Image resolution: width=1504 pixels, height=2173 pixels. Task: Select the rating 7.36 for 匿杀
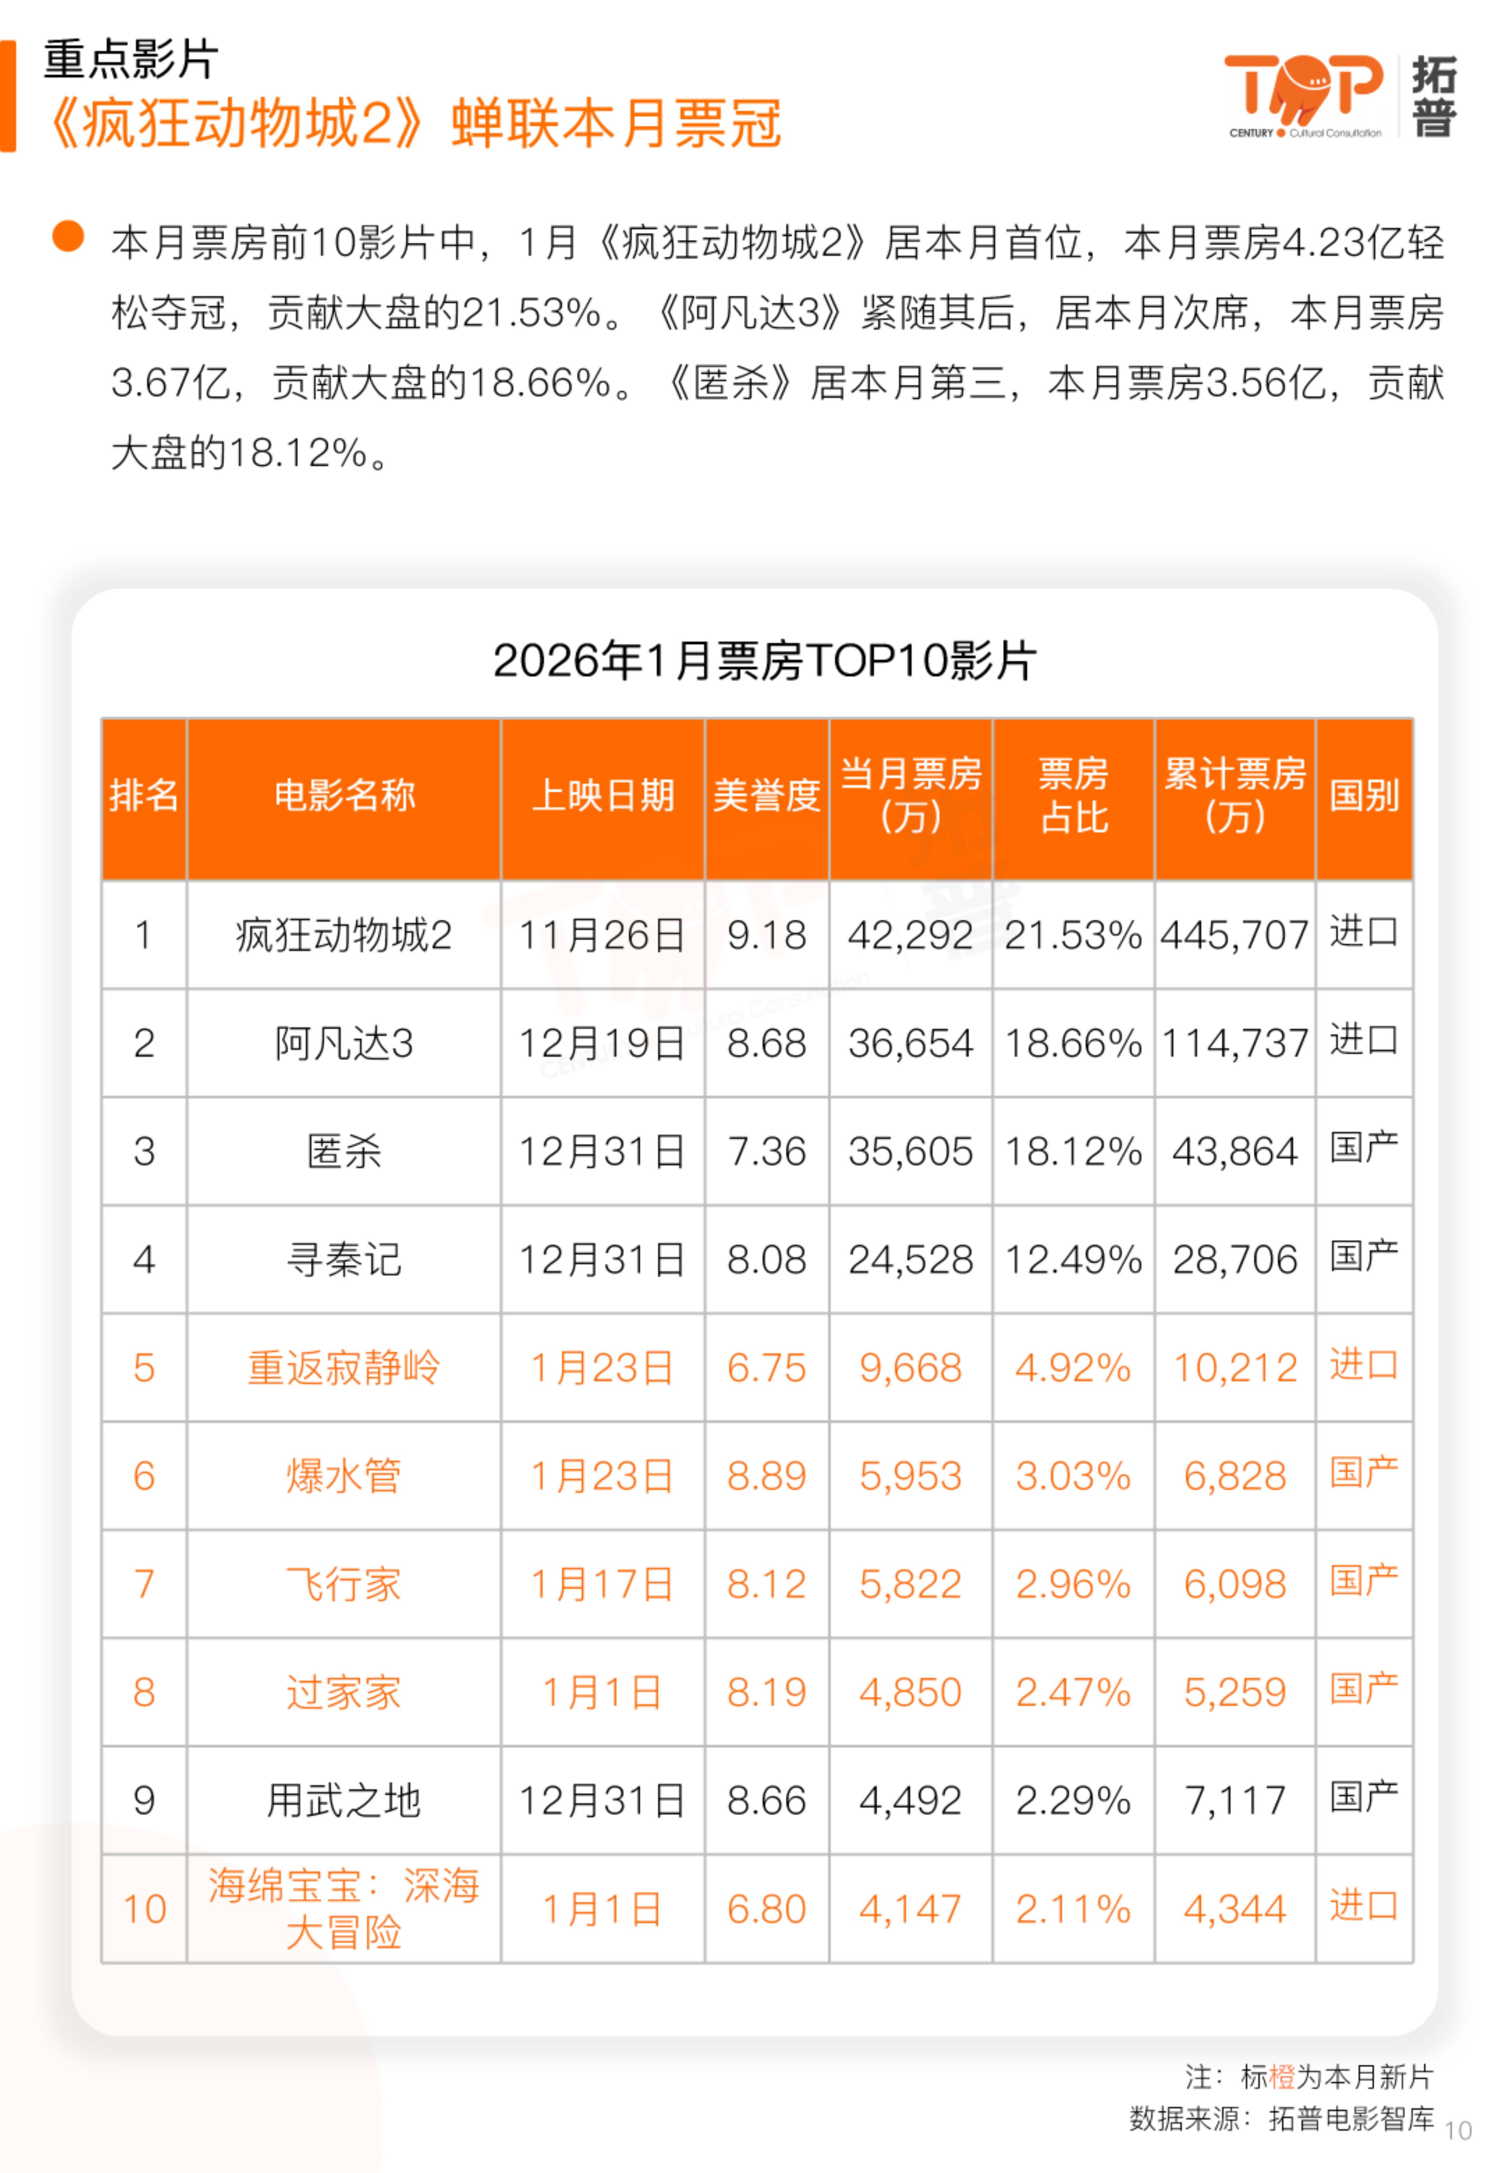(x=766, y=1151)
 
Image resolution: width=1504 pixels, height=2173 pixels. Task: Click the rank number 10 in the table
(x=144, y=1909)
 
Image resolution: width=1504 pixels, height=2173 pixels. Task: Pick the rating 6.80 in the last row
(x=766, y=1909)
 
